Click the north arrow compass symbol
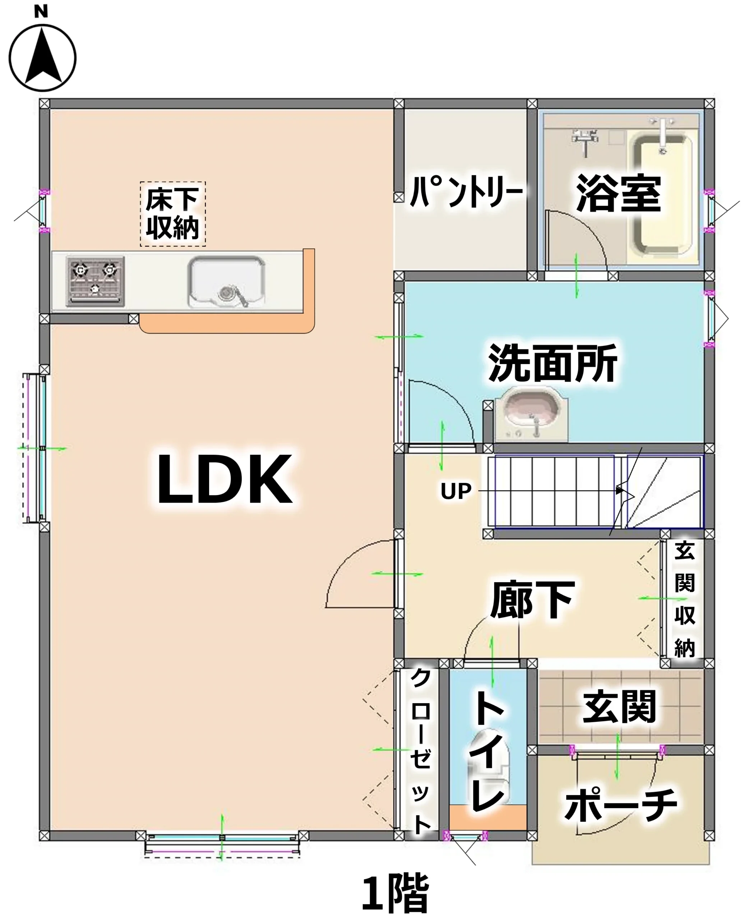(x=42, y=58)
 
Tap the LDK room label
(x=225, y=479)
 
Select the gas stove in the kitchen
(x=95, y=281)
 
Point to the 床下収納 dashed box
(x=172, y=214)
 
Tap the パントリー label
(x=467, y=191)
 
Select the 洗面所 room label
(x=553, y=363)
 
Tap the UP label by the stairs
(x=455, y=491)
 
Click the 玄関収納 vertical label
(x=685, y=600)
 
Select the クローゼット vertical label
(x=420, y=751)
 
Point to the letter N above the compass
(x=41, y=11)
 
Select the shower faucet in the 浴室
(x=584, y=141)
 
